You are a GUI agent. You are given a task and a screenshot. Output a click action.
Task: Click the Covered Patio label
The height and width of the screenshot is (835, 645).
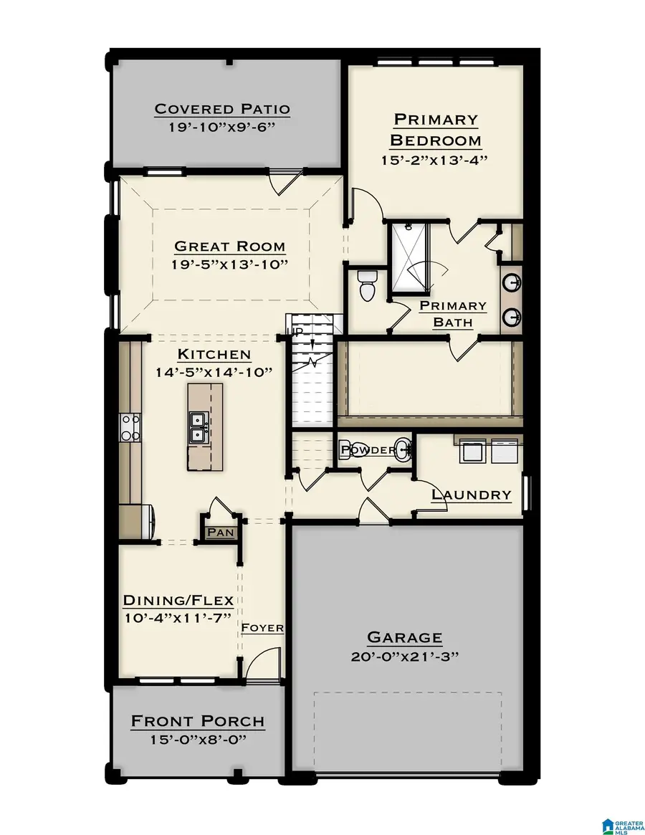[x=222, y=109]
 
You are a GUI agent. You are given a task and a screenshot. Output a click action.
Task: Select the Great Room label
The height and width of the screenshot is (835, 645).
[x=229, y=247]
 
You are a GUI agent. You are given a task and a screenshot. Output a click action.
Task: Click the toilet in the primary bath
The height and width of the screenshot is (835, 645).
[x=367, y=287]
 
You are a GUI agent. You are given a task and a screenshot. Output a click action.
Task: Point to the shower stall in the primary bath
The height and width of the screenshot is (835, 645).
[x=409, y=258]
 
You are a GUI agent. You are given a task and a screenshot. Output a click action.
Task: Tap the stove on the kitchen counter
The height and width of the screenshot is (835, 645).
[x=130, y=428]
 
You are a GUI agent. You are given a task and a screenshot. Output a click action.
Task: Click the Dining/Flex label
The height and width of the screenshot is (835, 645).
[x=183, y=600]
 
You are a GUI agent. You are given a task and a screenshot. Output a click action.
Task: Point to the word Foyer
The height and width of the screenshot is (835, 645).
[x=262, y=628]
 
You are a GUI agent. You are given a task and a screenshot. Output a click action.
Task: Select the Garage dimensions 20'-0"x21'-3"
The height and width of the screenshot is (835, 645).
[x=404, y=656]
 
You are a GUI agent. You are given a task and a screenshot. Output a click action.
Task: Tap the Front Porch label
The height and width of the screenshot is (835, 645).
[x=197, y=721]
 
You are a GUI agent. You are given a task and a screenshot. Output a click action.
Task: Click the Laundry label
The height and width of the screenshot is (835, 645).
[x=471, y=495]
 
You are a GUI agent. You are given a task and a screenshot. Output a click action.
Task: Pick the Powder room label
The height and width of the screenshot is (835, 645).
[x=367, y=450]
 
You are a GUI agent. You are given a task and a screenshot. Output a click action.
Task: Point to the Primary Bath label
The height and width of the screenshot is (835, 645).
[x=452, y=314]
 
